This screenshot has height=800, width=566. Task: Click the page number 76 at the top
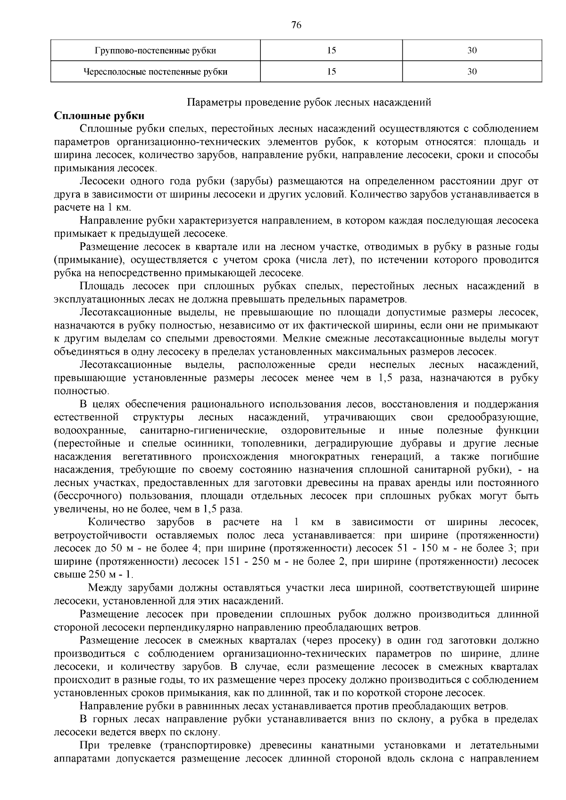pos(296,25)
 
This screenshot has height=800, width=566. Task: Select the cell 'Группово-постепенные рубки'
pos(156,50)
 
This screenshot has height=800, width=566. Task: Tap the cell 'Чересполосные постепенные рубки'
pos(156,72)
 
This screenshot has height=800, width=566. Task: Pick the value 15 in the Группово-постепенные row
pos(332,50)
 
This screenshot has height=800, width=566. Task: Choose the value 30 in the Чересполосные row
pos(472,72)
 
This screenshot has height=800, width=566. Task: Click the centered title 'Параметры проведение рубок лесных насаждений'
pos(309,102)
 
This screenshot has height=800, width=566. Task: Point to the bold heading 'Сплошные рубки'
pos(100,116)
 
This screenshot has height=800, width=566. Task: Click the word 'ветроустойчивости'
pos(97,535)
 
